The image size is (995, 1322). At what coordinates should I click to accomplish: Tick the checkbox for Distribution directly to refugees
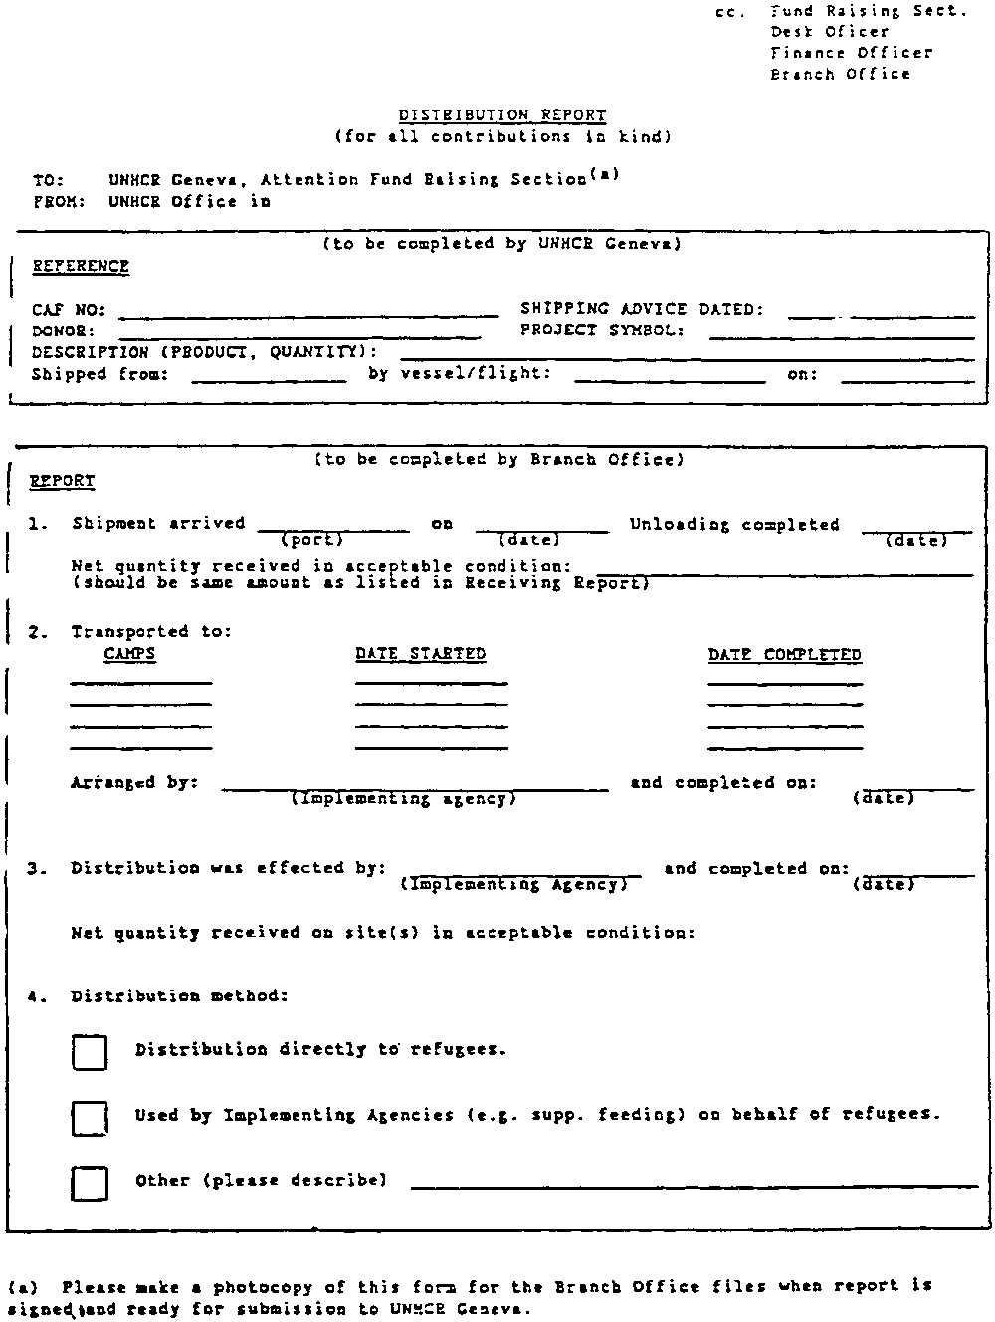tap(90, 1052)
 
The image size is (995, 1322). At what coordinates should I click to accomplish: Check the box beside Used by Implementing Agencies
tap(90, 1118)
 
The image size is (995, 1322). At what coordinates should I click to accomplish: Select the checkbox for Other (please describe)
tap(90, 1183)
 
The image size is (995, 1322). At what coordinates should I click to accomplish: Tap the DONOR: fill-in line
tap(299, 335)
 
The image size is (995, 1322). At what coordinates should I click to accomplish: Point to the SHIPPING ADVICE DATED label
tap(642, 309)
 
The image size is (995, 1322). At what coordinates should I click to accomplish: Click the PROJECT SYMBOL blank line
tap(841, 336)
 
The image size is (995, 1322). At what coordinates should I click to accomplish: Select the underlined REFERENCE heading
tap(81, 266)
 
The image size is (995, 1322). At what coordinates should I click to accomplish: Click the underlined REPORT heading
tap(62, 481)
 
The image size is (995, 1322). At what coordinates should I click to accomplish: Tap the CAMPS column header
tap(129, 654)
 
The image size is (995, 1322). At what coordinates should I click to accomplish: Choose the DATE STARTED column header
tap(420, 654)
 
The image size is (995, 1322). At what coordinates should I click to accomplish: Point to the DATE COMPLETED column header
tap(784, 655)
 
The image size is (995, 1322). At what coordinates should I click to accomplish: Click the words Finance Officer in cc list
tap(852, 53)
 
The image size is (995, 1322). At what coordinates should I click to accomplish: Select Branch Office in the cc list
tap(840, 74)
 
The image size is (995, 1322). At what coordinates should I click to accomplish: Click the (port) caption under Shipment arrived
tap(311, 540)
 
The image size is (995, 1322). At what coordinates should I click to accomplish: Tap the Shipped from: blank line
tap(269, 380)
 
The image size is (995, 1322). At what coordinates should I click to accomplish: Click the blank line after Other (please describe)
tap(695, 1185)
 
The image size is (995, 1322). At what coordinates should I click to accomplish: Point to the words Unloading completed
tap(734, 525)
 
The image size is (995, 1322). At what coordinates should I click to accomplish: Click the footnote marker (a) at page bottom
tap(22, 1286)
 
